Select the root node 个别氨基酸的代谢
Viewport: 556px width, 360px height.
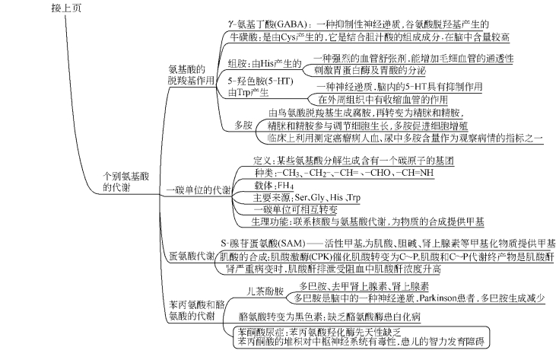pos(126,180)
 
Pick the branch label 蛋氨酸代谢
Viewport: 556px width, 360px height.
pos(191,256)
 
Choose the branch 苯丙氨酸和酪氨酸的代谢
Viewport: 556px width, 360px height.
pos(190,309)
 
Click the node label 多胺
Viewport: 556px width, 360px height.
pos(243,123)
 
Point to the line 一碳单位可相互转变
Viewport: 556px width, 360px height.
pos(296,209)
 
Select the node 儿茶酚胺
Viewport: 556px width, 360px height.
pos(265,292)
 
